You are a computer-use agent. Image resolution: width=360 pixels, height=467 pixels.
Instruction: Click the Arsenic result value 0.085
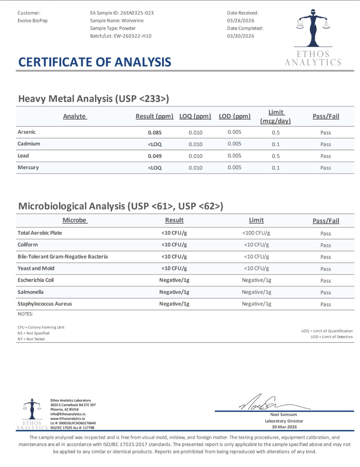[155, 132]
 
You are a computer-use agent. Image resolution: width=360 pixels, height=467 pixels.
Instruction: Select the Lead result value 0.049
[155, 156]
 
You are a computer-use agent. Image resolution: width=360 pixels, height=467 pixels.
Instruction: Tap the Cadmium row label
[29, 144]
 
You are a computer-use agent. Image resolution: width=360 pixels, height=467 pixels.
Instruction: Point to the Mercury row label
[28, 168]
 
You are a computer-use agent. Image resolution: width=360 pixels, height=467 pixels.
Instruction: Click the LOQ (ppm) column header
[195, 116]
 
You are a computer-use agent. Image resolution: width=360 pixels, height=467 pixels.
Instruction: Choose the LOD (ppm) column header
[234, 116]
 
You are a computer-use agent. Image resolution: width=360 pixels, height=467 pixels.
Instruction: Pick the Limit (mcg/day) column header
[275, 116]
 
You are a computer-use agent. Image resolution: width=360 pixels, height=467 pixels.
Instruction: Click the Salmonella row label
[30, 292]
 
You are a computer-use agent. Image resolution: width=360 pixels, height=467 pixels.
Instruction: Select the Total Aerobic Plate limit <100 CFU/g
[256, 233]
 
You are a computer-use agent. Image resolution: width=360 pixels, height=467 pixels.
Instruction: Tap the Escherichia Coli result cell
[174, 280]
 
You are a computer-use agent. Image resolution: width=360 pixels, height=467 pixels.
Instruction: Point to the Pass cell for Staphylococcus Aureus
[325, 304]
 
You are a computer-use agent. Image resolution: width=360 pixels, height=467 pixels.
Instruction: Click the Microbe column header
[74, 220]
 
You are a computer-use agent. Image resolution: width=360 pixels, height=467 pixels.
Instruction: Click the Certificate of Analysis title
[95, 62]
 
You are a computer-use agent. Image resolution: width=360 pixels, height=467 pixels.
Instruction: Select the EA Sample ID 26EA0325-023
[137, 13]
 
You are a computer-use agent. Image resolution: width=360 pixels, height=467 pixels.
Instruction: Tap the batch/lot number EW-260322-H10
[132, 36]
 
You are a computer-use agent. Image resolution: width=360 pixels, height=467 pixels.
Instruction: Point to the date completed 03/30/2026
[241, 36]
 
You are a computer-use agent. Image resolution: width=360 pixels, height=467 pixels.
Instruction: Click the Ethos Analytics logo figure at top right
[313, 29]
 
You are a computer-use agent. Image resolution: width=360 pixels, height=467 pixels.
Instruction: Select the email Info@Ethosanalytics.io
[68, 414]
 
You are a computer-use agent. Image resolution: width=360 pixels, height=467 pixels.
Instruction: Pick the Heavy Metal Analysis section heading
[94, 99]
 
